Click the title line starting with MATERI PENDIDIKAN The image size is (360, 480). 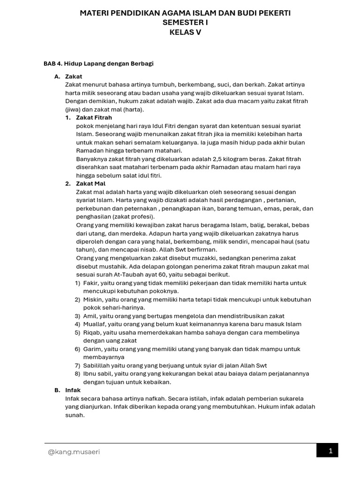185,13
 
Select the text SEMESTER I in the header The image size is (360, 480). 185,22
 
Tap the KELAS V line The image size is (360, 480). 185,32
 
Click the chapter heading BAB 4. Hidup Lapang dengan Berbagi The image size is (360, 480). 98,63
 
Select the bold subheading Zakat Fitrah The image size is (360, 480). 94,118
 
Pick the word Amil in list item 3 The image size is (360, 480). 90,316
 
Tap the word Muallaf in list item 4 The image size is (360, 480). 94,324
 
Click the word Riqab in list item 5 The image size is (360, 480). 92,333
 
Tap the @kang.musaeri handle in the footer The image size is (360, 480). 74,452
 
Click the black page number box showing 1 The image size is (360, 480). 330,451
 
